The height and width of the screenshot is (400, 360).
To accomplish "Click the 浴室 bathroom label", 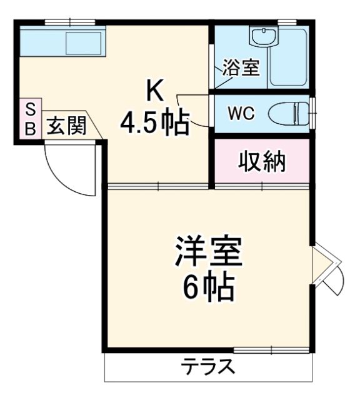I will click(x=241, y=68).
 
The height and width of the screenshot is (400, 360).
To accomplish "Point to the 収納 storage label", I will click(x=262, y=162).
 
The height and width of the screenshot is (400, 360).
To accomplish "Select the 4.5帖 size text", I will click(x=154, y=124).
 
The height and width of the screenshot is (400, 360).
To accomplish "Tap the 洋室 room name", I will click(x=208, y=253).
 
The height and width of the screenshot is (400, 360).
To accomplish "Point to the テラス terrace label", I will click(x=208, y=366).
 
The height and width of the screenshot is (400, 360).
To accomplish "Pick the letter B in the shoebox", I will click(x=30, y=129).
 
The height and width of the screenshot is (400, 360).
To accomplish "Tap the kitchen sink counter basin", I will click(x=81, y=42).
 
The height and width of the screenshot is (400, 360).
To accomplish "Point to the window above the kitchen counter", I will click(x=69, y=22).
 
